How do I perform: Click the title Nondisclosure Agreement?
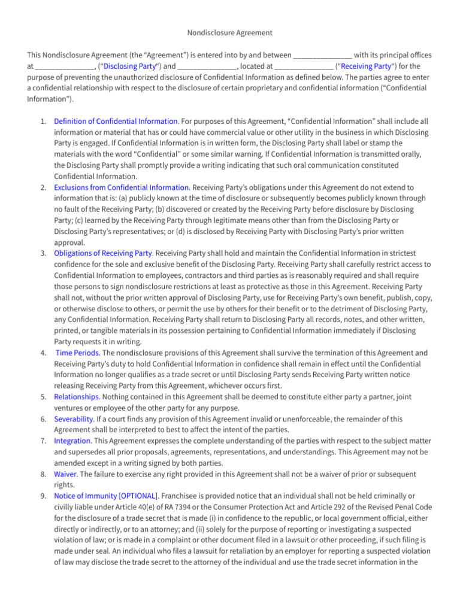click(x=230, y=32)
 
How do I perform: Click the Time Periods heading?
click(x=78, y=353)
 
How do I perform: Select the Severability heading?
click(x=74, y=419)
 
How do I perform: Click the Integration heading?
click(x=72, y=441)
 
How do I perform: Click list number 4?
click(x=44, y=353)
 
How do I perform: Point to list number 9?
click(x=44, y=496)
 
